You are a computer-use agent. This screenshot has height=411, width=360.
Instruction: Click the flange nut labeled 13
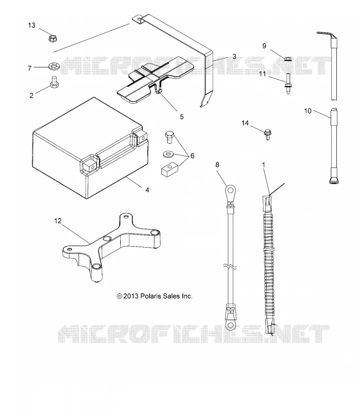pos(53,38)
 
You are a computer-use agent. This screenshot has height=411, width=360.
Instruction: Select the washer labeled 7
pos(54,66)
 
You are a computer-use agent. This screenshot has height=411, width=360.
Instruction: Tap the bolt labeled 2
pos(54,82)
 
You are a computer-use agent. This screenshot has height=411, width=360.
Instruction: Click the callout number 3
pos(234,57)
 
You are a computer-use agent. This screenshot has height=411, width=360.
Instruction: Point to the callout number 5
pos(182,117)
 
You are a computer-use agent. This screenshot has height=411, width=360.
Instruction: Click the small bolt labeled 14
pos(268,134)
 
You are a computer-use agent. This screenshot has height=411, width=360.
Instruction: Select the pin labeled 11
pos(288,84)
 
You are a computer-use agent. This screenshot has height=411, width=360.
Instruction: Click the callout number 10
pos(308,111)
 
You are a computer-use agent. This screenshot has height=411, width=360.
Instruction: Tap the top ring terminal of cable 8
pos(230,192)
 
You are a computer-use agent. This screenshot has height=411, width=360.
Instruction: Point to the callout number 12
pos(58,221)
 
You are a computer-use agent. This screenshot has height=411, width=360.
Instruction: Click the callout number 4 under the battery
pos(147,190)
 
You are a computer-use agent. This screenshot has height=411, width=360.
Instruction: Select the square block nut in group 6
pos(169,169)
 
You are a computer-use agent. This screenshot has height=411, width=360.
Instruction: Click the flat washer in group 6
pos(168,154)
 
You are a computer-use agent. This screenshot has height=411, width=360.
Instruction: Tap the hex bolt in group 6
pos(169,137)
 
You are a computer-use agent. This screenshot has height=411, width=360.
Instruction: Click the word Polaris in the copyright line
pos(150,296)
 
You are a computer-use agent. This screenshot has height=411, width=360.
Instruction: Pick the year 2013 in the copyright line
pos(131,296)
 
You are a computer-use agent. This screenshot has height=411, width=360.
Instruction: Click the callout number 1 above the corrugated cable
pos(263,164)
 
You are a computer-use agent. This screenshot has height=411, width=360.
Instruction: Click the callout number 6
pos(192,156)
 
